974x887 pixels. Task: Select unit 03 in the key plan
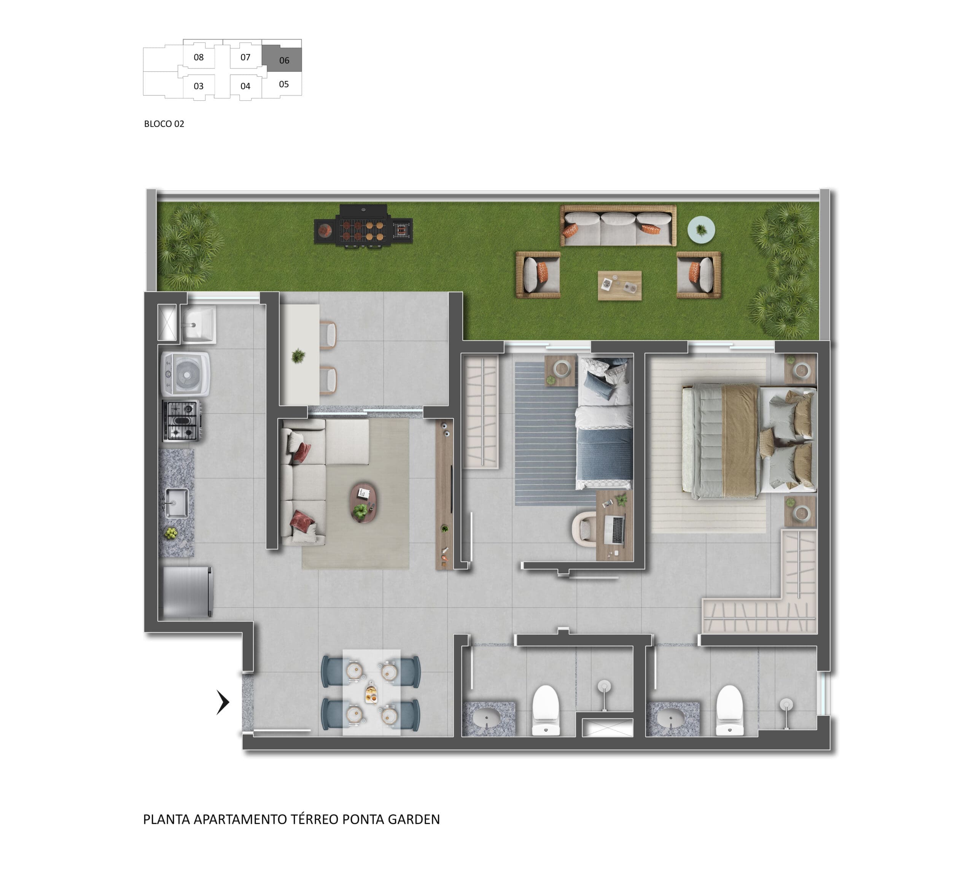coord(199,86)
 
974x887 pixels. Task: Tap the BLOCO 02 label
coord(164,124)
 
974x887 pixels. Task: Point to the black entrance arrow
coord(223,703)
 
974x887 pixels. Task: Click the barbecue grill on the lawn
coord(363,227)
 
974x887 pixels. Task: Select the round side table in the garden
coord(702,229)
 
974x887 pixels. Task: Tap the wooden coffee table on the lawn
coord(620,286)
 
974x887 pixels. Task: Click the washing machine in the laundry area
coord(186,374)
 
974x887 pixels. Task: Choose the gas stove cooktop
coord(181,421)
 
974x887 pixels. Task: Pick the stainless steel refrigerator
coord(188,592)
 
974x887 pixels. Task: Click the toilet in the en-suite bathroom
coord(729,710)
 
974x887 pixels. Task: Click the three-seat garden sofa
coord(618,226)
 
